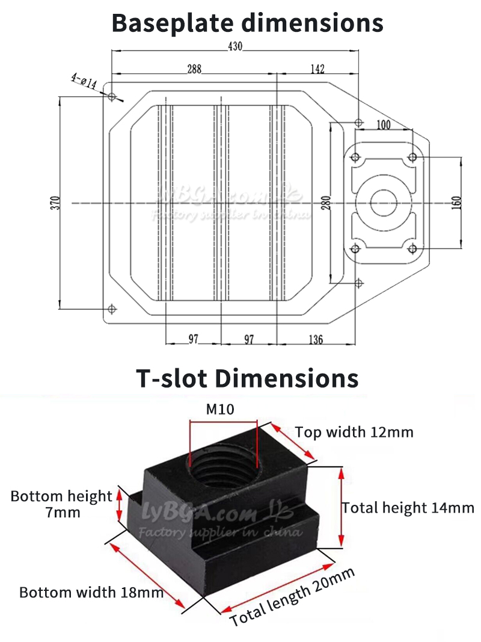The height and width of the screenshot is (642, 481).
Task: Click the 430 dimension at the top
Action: (235, 46)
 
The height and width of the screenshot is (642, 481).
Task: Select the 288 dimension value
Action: (194, 69)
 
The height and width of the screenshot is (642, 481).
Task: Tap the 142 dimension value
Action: (317, 69)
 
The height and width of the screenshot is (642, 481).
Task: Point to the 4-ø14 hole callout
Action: (84, 81)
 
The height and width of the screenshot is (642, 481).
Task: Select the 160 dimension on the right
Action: (457, 203)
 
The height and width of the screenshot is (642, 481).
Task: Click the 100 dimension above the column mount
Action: (383, 125)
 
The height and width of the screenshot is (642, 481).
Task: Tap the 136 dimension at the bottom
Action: (316, 339)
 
